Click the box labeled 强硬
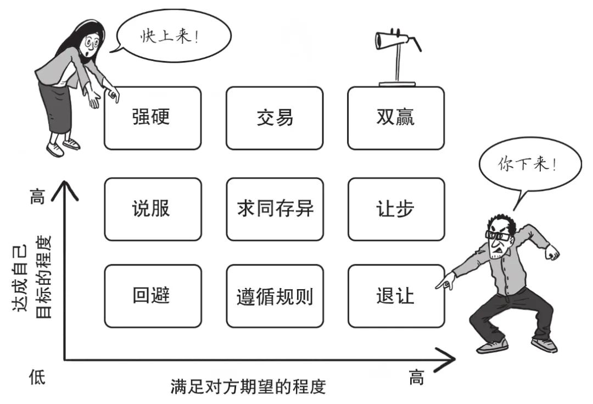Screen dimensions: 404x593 pos(152,118)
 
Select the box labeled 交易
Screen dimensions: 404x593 pos(275,118)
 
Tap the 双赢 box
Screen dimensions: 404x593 pos(396,118)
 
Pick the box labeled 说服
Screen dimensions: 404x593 pos(152,209)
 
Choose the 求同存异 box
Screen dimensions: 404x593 pos(275,209)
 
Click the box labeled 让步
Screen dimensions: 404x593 pos(396,209)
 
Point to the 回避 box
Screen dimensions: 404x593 pos(152,296)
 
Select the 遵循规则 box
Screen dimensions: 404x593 pos(275,296)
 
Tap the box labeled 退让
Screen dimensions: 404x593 pos(396,296)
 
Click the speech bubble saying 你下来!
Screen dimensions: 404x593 pos(526,164)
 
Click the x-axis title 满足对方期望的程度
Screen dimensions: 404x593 pos(248,386)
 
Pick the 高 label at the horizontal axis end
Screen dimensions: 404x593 pos(417,378)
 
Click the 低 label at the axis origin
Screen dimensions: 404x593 pos(37,378)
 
